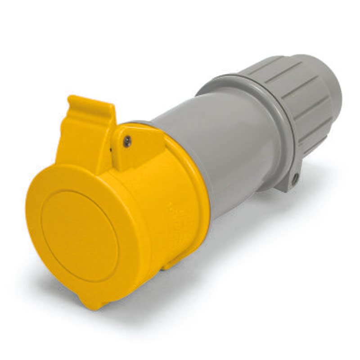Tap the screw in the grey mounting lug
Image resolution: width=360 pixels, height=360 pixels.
295,179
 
